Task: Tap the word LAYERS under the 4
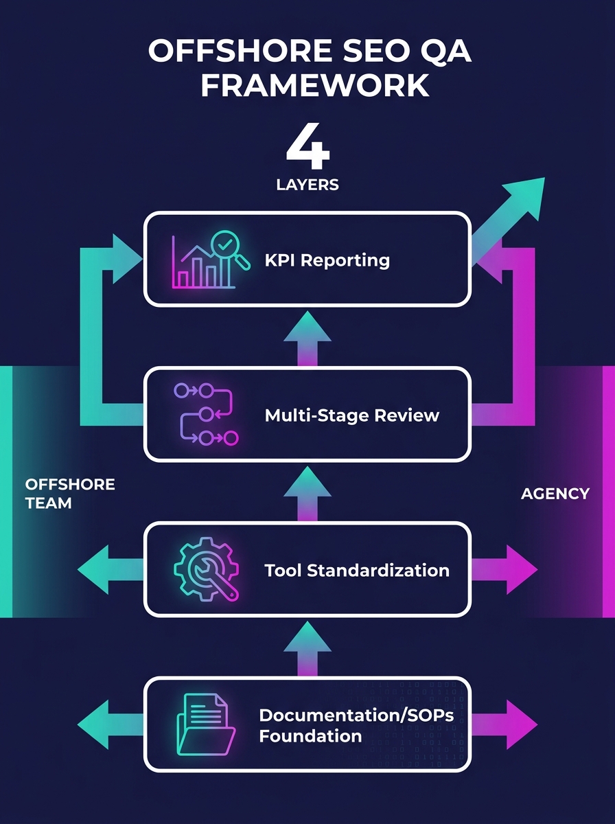coord(307,185)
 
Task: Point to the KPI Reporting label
coord(327,260)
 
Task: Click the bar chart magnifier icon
coord(204,260)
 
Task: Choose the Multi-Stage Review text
coord(351,415)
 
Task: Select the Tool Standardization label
coord(357,570)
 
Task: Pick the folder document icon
coord(205,724)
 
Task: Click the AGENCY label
coord(555,493)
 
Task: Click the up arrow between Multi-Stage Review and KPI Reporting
coord(307,335)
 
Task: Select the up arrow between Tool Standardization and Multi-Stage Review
coord(307,490)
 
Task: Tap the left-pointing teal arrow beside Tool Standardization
coord(103,570)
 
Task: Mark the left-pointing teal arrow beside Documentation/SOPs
coord(103,724)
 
